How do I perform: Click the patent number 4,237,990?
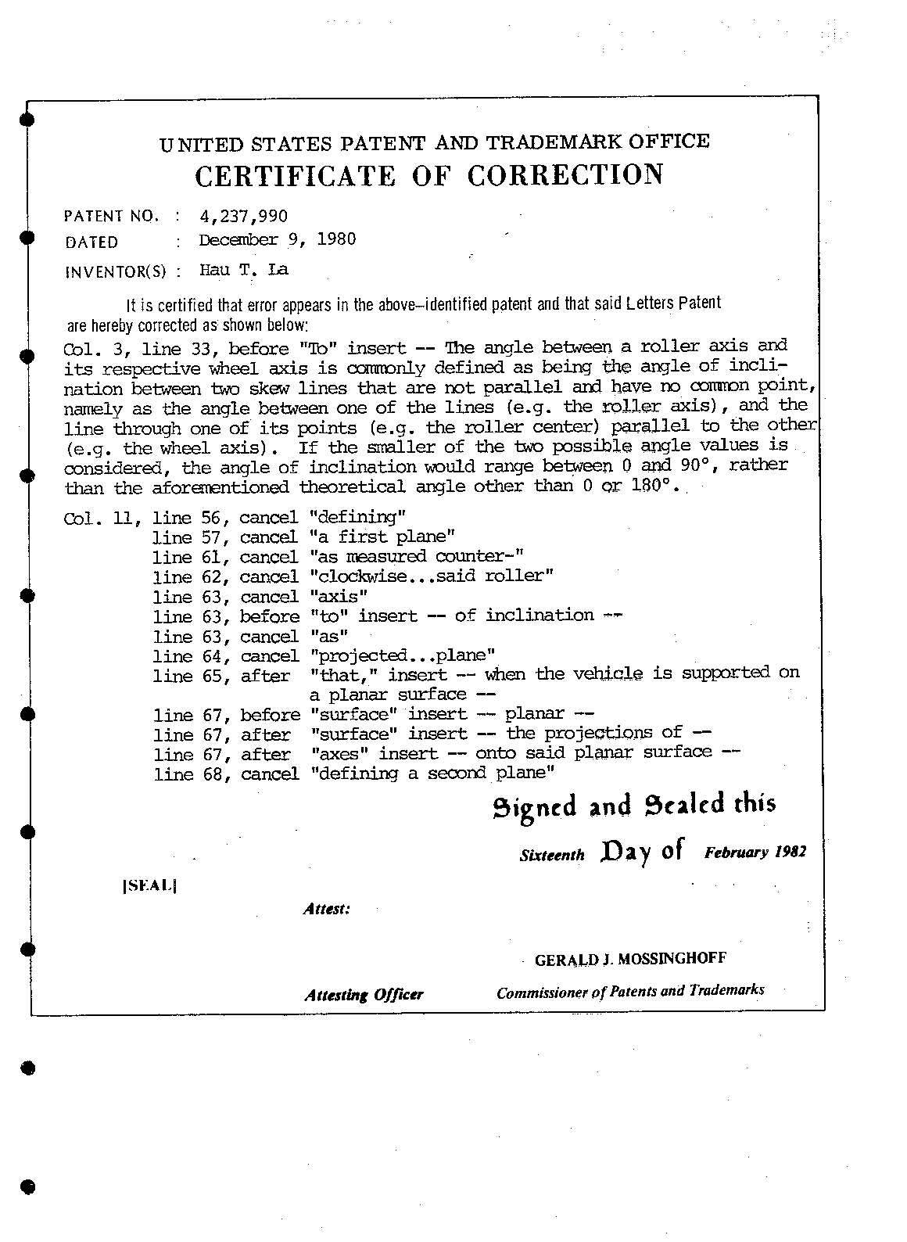click(x=243, y=216)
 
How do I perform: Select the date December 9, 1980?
click(x=278, y=239)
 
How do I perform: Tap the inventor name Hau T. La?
click(x=244, y=270)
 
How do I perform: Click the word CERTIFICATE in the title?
click(x=295, y=176)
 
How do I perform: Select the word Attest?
click(x=326, y=909)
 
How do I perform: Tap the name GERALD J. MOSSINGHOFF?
click(x=630, y=959)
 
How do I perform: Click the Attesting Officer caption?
click(x=364, y=995)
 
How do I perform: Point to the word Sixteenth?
click(x=552, y=855)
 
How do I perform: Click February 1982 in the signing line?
click(x=755, y=852)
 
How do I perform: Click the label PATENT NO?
click(x=112, y=217)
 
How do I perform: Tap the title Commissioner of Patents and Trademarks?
click(x=630, y=991)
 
